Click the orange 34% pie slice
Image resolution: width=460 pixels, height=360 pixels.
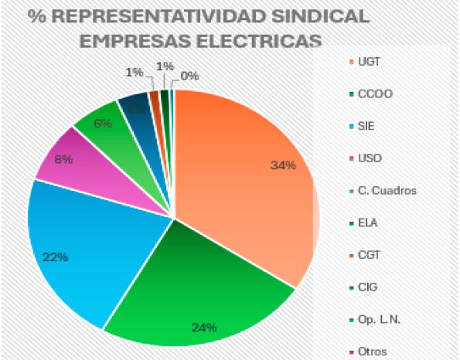247,185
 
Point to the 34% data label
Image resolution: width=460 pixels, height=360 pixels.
283,165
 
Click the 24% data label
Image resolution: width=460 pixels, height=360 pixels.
203,327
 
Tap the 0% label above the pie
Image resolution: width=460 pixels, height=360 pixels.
189,76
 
